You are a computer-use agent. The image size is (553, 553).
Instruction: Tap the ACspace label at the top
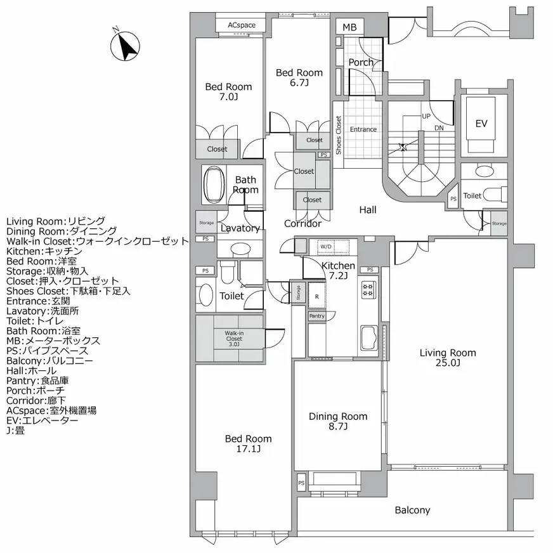tap(241, 25)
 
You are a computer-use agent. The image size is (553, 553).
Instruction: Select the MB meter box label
tap(349, 27)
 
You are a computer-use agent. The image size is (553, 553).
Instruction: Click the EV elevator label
tap(481, 124)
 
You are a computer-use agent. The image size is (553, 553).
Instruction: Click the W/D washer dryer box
tap(325, 246)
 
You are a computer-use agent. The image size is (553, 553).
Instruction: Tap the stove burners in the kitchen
tap(368, 290)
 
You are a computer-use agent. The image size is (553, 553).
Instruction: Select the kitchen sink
tap(369, 338)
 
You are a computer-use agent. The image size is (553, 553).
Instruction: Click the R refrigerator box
tap(316, 297)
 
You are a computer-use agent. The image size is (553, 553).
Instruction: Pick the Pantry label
tap(316, 316)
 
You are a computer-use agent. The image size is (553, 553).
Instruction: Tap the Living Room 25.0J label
tap(448, 358)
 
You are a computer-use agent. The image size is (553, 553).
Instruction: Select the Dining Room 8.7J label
tap(338, 421)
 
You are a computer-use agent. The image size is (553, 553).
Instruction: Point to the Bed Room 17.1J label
tap(249, 443)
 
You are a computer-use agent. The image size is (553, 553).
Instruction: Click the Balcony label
tap(412, 510)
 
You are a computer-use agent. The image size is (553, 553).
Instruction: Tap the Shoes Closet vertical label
tap(339, 135)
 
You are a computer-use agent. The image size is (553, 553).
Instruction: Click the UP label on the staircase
tap(426, 117)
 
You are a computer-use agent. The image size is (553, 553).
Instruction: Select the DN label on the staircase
tap(439, 128)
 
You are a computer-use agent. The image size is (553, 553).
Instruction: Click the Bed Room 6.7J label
tap(299, 77)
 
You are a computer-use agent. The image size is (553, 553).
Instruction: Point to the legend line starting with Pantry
tap(37, 381)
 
